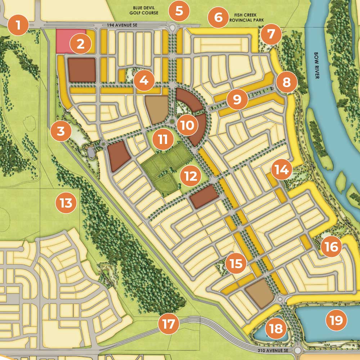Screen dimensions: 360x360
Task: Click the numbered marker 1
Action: pyautogui.click(x=19, y=25)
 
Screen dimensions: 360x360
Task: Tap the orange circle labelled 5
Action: pyautogui.click(x=179, y=11)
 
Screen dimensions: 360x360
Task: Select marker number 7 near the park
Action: pyautogui.click(x=271, y=34)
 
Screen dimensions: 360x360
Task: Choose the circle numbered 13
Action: pyautogui.click(x=66, y=203)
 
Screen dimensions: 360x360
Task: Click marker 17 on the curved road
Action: pyautogui.click(x=168, y=324)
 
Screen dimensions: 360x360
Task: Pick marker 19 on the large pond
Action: pyautogui.click(x=336, y=320)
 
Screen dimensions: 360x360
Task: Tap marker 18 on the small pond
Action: pyautogui.click(x=276, y=328)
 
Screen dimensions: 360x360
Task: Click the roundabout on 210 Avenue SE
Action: pyautogui.click(x=298, y=350)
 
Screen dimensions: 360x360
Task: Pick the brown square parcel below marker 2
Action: pyautogui.click(x=82, y=69)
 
